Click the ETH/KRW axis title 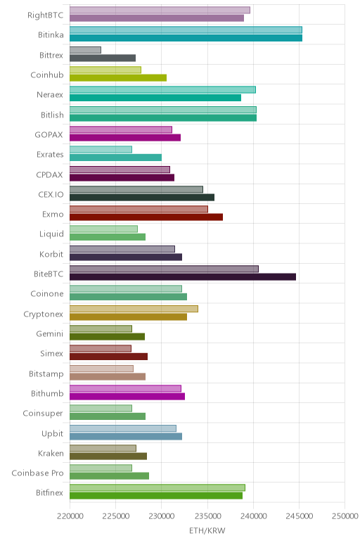(207, 530)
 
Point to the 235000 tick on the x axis (207, 516)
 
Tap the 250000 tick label (345, 516)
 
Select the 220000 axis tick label (70, 516)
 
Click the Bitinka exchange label (51, 35)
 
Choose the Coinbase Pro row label (38, 473)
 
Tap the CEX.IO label (51, 194)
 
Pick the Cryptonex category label (44, 314)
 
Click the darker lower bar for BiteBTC (183, 276)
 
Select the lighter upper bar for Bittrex (85, 50)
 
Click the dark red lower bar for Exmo (146, 217)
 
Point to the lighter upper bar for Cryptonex (134, 309)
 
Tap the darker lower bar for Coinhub (118, 77)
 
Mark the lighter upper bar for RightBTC (160, 10)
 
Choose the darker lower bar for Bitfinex (156, 496)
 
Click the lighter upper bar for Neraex (162, 90)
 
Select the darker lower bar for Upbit (126, 436)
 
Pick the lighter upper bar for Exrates (101, 150)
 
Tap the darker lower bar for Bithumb (127, 397)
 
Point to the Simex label (51, 354)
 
